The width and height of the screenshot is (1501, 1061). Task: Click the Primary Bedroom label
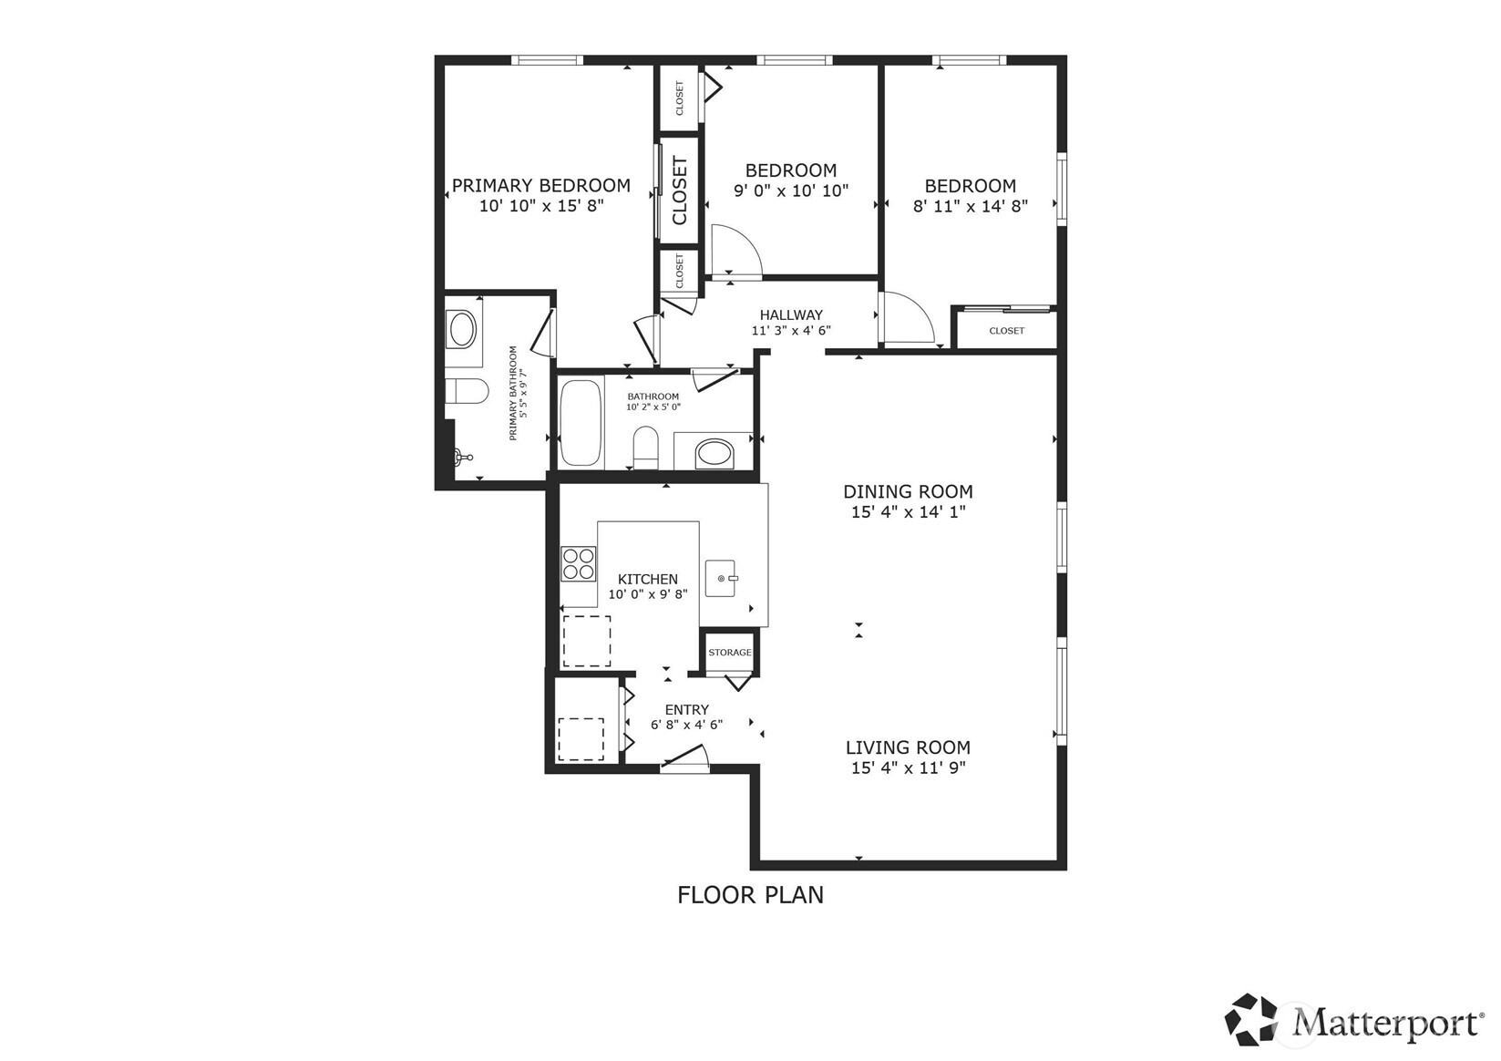[x=540, y=186]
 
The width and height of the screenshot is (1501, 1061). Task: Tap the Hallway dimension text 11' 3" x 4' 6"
[x=791, y=331]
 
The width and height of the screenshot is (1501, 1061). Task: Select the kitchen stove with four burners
[x=579, y=563]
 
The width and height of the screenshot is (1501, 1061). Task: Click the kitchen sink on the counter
[x=720, y=578]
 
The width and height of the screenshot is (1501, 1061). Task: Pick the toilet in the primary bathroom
[x=467, y=391]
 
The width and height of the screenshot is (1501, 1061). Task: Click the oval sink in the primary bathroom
[x=462, y=330]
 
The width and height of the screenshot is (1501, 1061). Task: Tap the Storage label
[x=730, y=652]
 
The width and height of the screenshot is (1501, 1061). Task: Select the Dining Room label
[x=908, y=491]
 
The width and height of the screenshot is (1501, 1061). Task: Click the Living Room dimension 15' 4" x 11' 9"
[x=908, y=767]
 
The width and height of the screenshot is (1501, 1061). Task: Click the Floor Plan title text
[x=750, y=895]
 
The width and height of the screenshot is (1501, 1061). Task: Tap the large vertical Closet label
[x=680, y=191]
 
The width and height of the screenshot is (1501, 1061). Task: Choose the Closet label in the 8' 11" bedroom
[x=1006, y=331]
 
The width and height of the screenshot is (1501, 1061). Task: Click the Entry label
[x=687, y=709]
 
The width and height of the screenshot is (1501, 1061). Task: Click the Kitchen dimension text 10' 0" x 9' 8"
[x=648, y=593]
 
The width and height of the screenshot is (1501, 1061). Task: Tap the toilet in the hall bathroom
[x=646, y=447]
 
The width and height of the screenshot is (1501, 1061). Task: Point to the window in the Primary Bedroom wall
[x=548, y=60]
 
